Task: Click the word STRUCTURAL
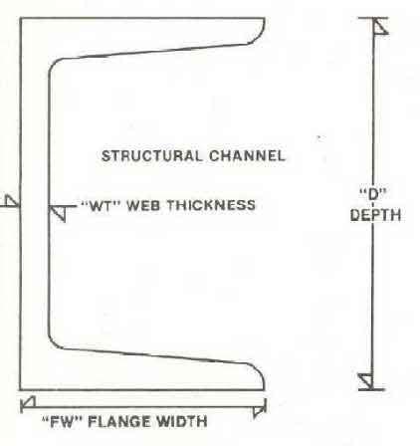[x=151, y=156]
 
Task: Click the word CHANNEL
[x=247, y=156]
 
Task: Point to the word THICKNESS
[x=211, y=205]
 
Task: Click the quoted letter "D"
[x=374, y=194]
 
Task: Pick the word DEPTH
[x=375, y=215]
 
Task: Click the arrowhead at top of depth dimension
[x=379, y=26]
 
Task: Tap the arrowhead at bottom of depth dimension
[x=366, y=381]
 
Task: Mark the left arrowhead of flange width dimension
[x=29, y=402]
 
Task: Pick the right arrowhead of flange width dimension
[x=259, y=410]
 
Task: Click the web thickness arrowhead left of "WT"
[x=58, y=213]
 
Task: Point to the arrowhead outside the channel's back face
[x=12, y=201]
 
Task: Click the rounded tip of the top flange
[x=262, y=31]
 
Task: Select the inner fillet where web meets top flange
[x=53, y=65]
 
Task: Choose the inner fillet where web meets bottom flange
[x=53, y=343]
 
